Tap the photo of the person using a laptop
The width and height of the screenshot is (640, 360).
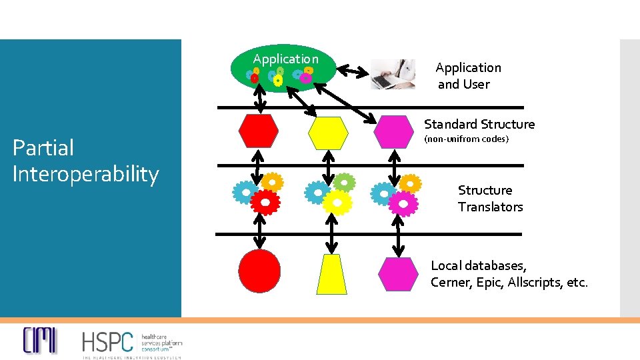393,74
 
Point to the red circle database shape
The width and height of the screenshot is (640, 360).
259,271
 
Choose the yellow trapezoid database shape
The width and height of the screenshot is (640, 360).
331,274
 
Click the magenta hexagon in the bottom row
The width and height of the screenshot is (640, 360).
398,274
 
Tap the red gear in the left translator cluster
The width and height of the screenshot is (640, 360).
265,201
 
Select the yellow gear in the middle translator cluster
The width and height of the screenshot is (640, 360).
337,201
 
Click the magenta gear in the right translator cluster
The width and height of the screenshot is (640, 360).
403,202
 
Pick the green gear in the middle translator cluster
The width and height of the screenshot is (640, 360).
343,182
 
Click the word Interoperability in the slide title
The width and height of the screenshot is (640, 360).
85,175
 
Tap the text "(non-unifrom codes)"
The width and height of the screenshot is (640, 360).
466,139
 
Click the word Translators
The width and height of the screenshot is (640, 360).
490,207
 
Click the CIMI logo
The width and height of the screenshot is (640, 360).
40,340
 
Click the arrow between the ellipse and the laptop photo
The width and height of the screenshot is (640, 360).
353,70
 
